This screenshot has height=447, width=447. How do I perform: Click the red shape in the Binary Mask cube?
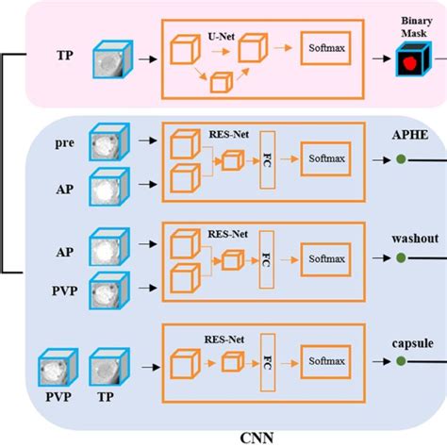[409, 63]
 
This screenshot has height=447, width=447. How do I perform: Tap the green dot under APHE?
[401, 159]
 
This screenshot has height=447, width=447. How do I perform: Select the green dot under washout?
[401, 258]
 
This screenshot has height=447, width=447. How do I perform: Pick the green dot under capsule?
[401, 361]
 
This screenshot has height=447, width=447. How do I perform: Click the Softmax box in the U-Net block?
[325, 48]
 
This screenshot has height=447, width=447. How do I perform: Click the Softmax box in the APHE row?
[325, 158]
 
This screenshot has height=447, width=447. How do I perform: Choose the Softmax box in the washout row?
[325, 259]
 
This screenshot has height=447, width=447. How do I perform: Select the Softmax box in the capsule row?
[325, 361]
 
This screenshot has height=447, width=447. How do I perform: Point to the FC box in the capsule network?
[268, 362]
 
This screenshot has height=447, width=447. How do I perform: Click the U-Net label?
[222, 37]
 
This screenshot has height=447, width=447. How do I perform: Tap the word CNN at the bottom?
[257, 438]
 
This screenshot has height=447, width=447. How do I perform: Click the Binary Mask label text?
[416, 27]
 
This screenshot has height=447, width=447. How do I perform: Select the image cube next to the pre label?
[109, 141]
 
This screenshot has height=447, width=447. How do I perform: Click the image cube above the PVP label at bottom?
[58, 367]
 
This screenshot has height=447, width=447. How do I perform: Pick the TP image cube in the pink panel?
[112, 59]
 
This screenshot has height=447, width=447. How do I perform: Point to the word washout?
[415, 239]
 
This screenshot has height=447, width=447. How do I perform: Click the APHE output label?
[410, 135]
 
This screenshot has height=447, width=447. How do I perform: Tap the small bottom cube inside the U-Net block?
[222, 82]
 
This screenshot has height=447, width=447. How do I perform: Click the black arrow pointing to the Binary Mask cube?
[382, 58]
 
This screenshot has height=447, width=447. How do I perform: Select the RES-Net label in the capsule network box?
[224, 339]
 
